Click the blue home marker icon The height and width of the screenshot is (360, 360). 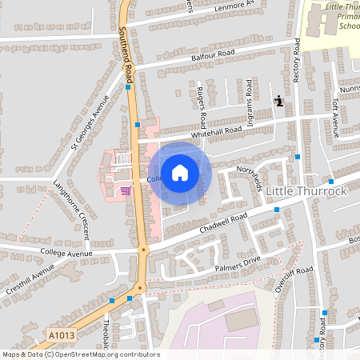180,172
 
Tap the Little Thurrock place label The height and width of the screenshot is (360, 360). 306,191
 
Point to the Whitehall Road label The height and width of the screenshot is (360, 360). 216,130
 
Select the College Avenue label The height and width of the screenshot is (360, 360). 67,254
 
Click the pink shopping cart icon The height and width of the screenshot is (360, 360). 126,190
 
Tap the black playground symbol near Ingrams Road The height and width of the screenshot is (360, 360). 278,101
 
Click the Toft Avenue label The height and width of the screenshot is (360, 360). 335,117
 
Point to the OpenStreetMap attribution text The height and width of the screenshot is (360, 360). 80,354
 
